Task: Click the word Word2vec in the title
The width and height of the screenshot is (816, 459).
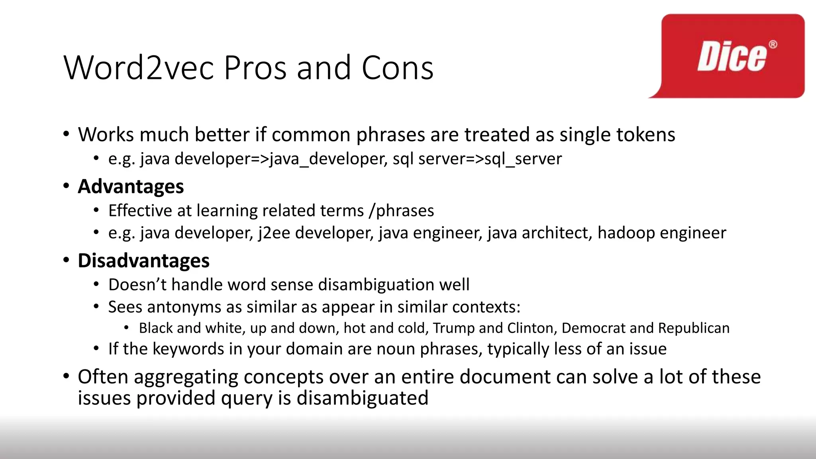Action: point(138,68)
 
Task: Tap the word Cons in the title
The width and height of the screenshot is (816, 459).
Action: point(397,68)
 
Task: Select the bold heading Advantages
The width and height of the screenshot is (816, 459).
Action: point(131,186)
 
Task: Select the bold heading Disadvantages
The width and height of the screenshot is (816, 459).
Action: point(143,261)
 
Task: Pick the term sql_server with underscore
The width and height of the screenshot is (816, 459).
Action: point(523,159)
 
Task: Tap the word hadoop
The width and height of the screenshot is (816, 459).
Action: point(624,233)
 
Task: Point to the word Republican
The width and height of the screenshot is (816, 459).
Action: point(694,328)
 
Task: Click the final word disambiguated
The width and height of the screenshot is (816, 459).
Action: point(362,398)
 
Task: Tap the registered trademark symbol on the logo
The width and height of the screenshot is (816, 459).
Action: point(773,44)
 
